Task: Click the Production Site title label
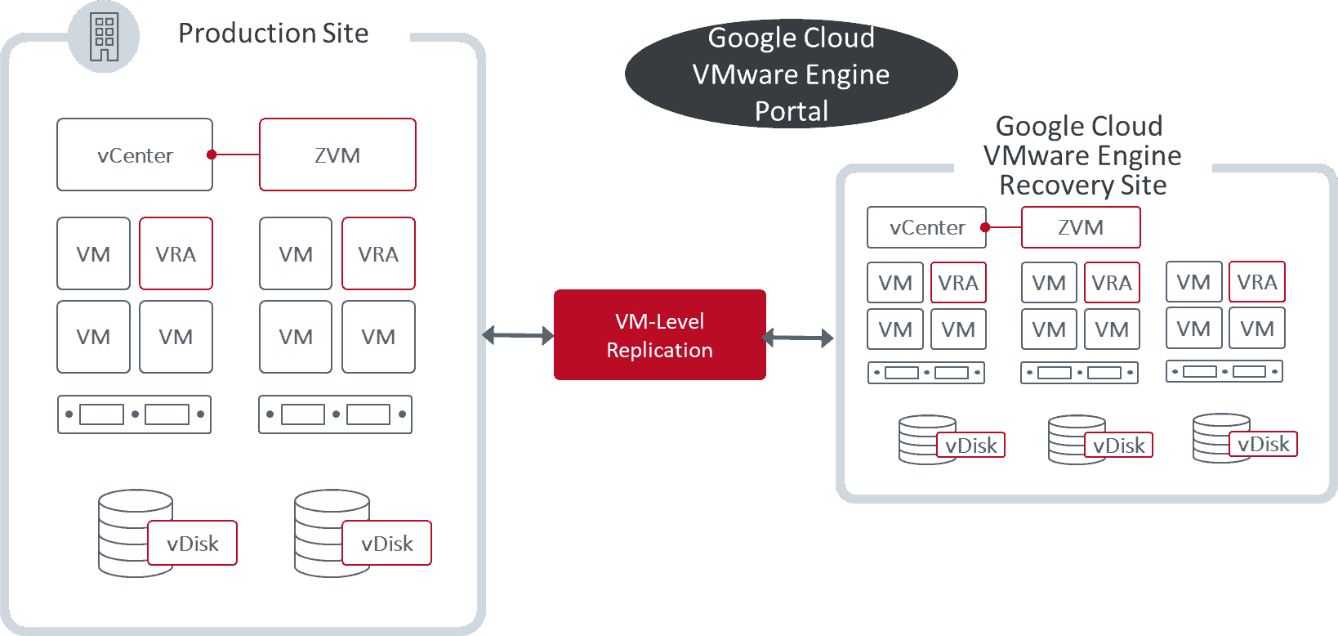pyautogui.click(x=274, y=34)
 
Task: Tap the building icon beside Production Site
pyautogui.click(x=104, y=37)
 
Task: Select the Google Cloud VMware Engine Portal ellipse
pyautogui.click(x=791, y=74)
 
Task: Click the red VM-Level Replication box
pyautogui.click(x=659, y=335)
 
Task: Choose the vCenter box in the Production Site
pyautogui.click(x=135, y=155)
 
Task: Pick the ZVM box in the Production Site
pyautogui.click(x=337, y=155)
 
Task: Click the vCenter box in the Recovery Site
pyautogui.click(x=926, y=227)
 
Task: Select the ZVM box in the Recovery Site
pyautogui.click(x=1081, y=227)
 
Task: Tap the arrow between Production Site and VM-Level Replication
pyautogui.click(x=518, y=335)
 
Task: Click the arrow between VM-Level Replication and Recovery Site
pyautogui.click(x=797, y=337)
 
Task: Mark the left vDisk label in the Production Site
pyautogui.click(x=192, y=544)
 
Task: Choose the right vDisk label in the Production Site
pyautogui.click(x=386, y=544)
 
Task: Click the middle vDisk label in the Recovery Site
pyautogui.click(x=1118, y=446)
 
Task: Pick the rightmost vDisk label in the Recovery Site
pyautogui.click(x=1263, y=444)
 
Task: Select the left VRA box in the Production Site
pyautogui.click(x=176, y=254)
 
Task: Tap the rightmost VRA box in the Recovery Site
pyautogui.click(x=1256, y=282)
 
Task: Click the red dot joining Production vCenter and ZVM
pyautogui.click(x=212, y=155)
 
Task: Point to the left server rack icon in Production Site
pyautogui.click(x=135, y=414)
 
